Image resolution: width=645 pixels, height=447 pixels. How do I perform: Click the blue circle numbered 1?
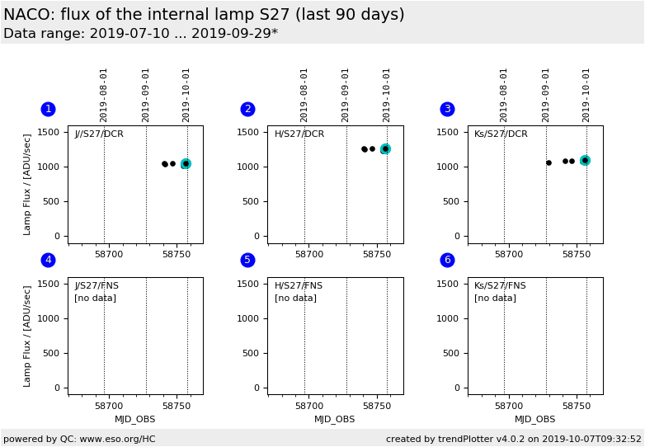pyautogui.click(x=48, y=109)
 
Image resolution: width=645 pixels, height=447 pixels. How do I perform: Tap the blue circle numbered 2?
pyautogui.click(x=247, y=109)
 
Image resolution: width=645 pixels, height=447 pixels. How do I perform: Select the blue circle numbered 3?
pyautogui.click(x=447, y=109)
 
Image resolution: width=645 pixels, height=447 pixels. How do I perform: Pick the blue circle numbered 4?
pyautogui.click(x=48, y=260)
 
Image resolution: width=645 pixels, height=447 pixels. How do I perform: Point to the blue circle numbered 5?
pyautogui.click(x=247, y=260)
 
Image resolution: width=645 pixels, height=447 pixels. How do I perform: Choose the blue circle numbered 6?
pyautogui.click(x=447, y=260)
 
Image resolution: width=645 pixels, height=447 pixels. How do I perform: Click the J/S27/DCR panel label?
pyautogui.click(x=99, y=134)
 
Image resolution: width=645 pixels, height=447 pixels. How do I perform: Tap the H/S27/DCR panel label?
pyautogui.click(x=299, y=134)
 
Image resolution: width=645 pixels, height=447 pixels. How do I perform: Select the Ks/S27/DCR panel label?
pyautogui.click(x=501, y=134)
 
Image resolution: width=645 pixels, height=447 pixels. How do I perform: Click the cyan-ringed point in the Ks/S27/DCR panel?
pyautogui.click(x=585, y=160)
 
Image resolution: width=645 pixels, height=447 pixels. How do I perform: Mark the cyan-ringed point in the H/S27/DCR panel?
pyautogui.click(x=385, y=149)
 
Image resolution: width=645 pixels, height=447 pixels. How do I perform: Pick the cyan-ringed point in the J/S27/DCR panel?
pyautogui.click(x=186, y=164)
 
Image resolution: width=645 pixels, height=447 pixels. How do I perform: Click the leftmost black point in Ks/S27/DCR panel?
pyautogui.click(x=548, y=162)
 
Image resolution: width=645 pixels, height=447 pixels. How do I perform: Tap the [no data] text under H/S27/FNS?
pyautogui.click(x=295, y=299)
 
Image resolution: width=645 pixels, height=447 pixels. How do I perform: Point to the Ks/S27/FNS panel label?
pyautogui.click(x=500, y=286)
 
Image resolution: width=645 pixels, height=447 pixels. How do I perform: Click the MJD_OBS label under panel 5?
pyautogui.click(x=335, y=419)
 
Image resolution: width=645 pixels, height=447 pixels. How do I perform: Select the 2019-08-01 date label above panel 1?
pyautogui.click(x=104, y=94)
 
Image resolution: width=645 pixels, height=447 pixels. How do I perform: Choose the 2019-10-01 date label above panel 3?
pyautogui.click(x=586, y=94)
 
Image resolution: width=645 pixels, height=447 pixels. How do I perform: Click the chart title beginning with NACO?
pyautogui.click(x=204, y=15)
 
